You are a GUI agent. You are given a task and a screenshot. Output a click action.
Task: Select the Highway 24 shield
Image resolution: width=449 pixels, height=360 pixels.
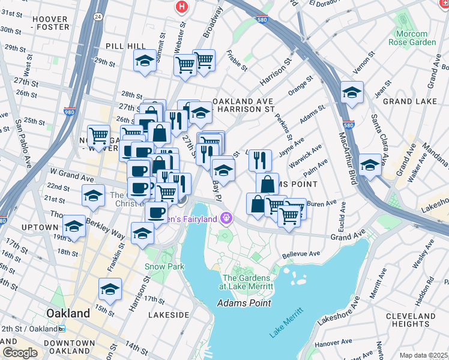click(x=97, y=17)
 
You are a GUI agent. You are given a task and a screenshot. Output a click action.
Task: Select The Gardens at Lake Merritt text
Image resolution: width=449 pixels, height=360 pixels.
click(x=248, y=282)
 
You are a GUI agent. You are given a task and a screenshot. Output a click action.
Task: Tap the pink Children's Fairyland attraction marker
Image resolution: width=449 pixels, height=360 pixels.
click(x=226, y=217)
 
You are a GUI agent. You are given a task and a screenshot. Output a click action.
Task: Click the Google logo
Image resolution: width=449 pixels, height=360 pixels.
click(x=19, y=353)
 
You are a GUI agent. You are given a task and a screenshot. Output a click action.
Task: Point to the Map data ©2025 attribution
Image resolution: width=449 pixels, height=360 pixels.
click(x=423, y=355)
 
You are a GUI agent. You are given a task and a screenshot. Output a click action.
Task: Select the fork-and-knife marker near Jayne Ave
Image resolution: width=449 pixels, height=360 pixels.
click(x=260, y=160)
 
